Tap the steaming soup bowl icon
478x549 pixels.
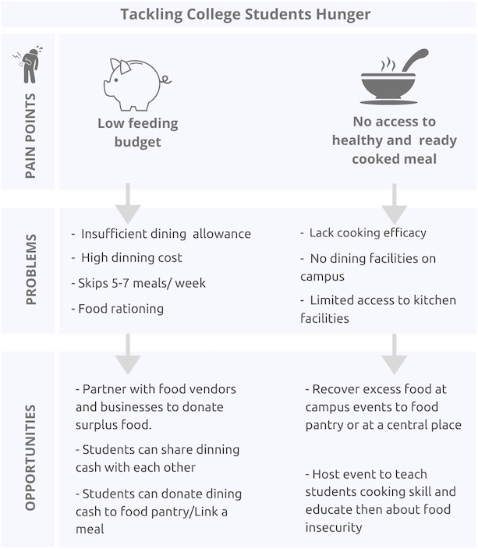point(394,78)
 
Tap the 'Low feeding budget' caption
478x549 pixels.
point(137,132)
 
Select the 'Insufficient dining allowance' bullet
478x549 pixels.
point(161,234)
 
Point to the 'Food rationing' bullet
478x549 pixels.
point(119,308)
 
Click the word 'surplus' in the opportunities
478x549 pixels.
point(97,425)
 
